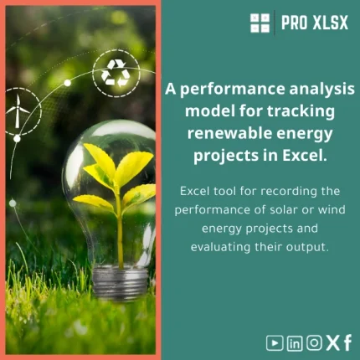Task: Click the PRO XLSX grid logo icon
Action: (x=260, y=23)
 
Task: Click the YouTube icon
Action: (x=274, y=342)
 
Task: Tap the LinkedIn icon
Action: (x=294, y=342)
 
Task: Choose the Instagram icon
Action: (x=313, y=342)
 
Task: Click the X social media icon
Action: (x=332, y=342)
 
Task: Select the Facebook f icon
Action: (x=347, y=342)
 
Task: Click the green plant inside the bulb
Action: (x=117, y=180)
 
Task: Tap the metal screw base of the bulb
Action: (x=121, y=281)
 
